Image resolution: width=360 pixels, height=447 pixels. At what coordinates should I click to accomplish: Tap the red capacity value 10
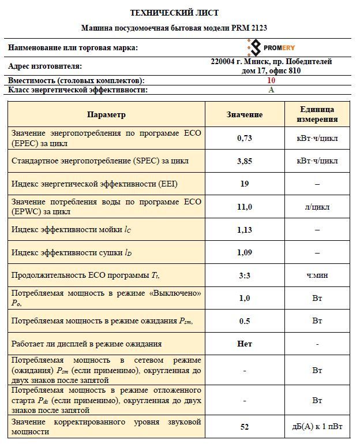[x=271, y=81]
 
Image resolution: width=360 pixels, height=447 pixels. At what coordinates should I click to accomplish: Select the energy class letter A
[x=271, y=90]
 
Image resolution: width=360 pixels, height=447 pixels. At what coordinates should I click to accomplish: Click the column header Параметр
[x=106, y=114]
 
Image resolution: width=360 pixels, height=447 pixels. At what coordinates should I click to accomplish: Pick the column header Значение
[x=245, y=114]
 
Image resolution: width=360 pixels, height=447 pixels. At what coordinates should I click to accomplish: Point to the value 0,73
[x=245, y=139]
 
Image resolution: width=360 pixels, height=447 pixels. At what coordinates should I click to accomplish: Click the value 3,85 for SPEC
[x=245, y=161]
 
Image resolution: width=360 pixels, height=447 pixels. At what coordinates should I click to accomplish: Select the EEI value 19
[x=245, y=184]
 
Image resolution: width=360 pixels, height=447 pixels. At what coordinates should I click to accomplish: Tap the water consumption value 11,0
[x=245, y=207]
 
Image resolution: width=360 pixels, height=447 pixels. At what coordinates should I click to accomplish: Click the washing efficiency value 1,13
[x=245, y=229]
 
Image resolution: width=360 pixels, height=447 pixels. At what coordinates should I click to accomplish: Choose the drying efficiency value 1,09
[x=245, y=252]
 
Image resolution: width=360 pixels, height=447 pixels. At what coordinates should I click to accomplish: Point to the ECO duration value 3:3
[x=245, y=275]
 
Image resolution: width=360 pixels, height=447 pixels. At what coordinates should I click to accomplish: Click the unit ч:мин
[x=317, y=275]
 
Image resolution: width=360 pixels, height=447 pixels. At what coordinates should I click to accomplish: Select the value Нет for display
[x=245, y=344]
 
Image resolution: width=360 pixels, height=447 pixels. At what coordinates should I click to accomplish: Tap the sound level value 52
[x=245, y=427]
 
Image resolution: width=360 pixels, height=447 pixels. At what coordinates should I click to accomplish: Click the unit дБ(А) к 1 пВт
[x=317, y=427]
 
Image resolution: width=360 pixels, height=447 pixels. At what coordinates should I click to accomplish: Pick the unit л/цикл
[x=317, y=207]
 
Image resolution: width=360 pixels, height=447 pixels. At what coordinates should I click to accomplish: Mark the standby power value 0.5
[x=245, y=321]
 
